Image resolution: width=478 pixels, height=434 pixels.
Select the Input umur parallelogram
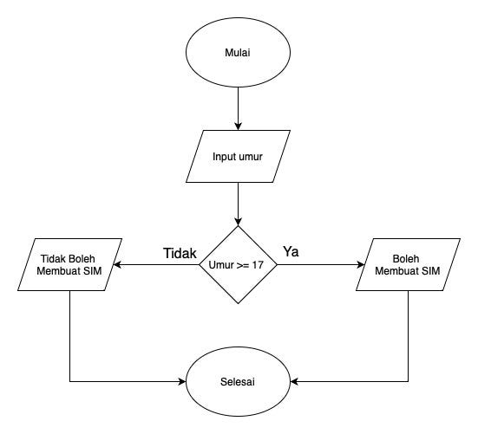coord(238,157)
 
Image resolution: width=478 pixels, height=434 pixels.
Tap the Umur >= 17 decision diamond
coord(238,264)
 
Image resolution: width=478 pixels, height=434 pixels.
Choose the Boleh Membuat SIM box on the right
coord(409,264)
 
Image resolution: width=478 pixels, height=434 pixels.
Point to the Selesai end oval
coord(238,381)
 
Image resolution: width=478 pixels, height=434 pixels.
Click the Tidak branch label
coord(180,252)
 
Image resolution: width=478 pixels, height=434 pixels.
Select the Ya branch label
coord(291,252)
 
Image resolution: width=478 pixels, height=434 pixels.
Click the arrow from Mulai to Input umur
coord(238,108)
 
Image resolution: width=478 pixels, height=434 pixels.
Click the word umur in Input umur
coord(252,157)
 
